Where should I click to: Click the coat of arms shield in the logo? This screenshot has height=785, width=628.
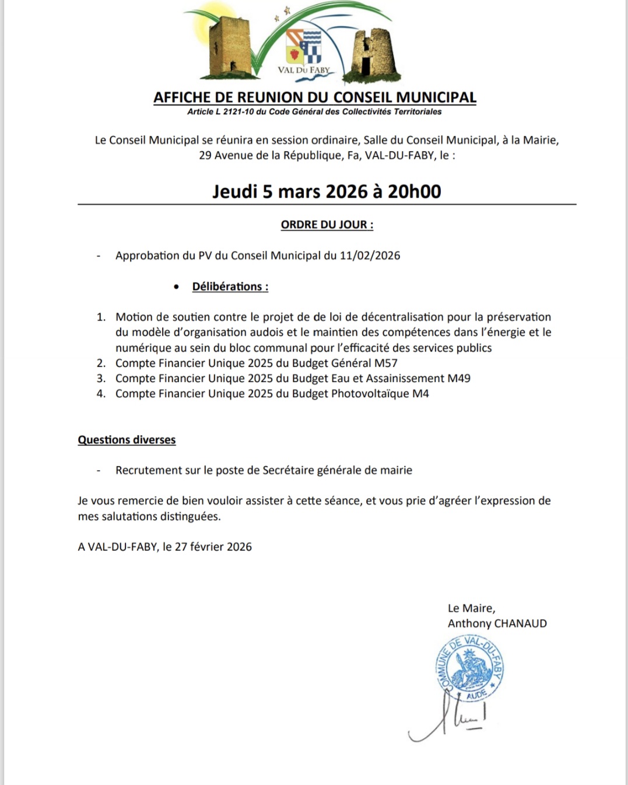coord(304,46)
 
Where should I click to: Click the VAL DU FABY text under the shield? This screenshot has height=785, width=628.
coord(304,70)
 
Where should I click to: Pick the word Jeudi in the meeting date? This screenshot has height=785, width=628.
coord(234,191)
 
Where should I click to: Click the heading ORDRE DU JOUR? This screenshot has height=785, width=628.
coord(327,225)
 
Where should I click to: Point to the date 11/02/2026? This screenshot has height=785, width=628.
coord(370,255)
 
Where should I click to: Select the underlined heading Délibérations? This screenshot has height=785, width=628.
coord(230,286)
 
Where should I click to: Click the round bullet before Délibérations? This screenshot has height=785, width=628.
coord(177,287)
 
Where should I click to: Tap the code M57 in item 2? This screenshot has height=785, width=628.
coord(385,363)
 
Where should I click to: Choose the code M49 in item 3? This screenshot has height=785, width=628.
coord(458,378)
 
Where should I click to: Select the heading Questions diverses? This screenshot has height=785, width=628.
coord(127,440)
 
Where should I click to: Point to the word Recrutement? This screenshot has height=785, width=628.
coord(149,470)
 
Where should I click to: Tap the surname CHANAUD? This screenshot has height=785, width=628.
coord(521,623)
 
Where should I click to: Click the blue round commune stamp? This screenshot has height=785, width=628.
coord(469,668)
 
